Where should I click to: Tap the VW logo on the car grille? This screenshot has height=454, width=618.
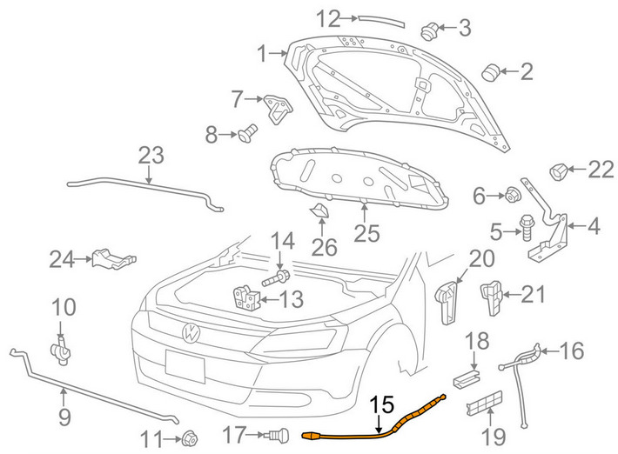point(191,333)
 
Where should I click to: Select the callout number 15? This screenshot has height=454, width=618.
point(382,404)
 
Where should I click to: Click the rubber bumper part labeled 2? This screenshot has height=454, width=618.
point(491,72)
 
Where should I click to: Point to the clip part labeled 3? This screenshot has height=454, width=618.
point(430,30)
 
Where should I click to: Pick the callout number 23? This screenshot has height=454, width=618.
point(151,155)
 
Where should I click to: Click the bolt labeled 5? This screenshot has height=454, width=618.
point(527,227)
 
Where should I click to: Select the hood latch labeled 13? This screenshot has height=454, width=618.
point(246,297)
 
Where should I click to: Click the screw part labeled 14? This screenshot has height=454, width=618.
point(276,278)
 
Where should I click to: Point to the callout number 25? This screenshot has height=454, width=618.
point(367,233)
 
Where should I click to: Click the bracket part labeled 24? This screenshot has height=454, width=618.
point(114,258)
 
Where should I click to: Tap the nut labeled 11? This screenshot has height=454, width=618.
point(189,438)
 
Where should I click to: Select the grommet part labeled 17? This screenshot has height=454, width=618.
point(279,436)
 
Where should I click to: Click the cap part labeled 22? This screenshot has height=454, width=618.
point(558,171)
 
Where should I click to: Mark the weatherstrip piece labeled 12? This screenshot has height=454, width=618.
point(381,21)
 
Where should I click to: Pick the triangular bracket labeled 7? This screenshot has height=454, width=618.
point(278,108)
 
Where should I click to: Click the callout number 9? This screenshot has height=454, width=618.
point(64,417)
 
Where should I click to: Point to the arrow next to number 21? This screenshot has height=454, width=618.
point(511,294)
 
